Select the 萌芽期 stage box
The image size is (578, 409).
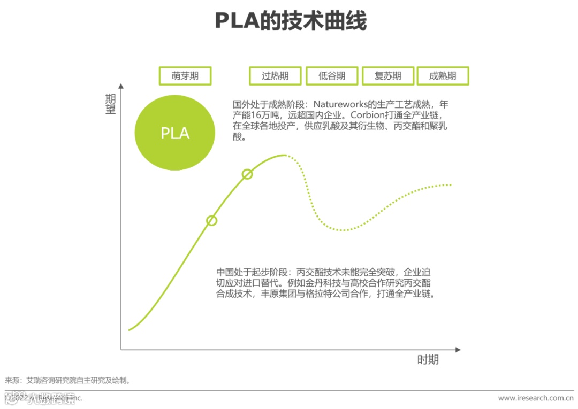tap(185, 76)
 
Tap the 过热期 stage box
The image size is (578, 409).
tap(275, 76)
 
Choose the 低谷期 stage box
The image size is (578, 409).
tap(332, 76)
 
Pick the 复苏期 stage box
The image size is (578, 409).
tap(388, 76)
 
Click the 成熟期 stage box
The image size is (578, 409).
tap(443, 76)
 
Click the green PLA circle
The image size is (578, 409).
tap(175, 133)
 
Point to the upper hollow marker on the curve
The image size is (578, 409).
tap(247, 174)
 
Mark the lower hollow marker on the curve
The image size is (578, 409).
tap(211, 220)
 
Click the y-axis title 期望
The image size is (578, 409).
tap(110, 104)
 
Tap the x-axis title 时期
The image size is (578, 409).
tap(428, 360)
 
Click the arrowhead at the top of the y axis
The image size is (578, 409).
tap(121, 86)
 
